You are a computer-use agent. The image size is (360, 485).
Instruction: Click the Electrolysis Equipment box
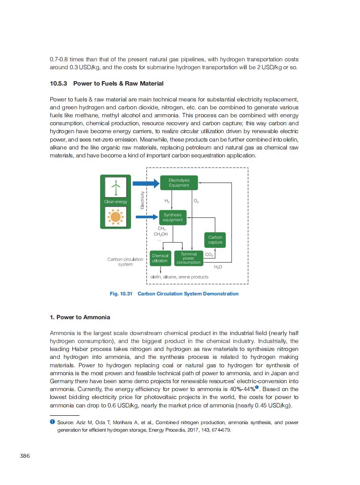tap(179, 183)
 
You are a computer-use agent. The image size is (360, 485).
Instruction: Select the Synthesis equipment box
tap(172, 217)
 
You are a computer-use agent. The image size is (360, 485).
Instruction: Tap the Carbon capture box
tap(215, 240)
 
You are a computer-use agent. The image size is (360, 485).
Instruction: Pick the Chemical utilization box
tap(160, 258)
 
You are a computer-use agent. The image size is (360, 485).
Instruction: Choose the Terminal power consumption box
tap(188, 258)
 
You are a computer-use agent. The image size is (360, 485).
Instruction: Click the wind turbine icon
tap(116, 187)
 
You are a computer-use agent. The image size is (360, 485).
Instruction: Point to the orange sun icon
tap(116, 217)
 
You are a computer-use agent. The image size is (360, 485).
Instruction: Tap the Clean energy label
tap(116, 202)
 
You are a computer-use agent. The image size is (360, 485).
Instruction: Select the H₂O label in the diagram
tap(218, 267)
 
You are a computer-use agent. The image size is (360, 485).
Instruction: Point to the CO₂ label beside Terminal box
tap(209, 255)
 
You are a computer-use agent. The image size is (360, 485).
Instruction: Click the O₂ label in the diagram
tap(196, 201)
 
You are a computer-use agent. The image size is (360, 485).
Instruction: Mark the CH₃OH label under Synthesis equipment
tap(161, 234)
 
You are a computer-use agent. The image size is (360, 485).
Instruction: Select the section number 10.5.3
tap(59, 83)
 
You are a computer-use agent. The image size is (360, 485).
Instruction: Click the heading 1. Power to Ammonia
tap(80, 317)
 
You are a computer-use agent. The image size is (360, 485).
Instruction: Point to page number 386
tap(25, 455)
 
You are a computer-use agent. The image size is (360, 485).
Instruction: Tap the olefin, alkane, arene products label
tap(179, 277)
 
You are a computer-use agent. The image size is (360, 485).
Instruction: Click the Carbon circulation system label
tap(125, 261)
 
